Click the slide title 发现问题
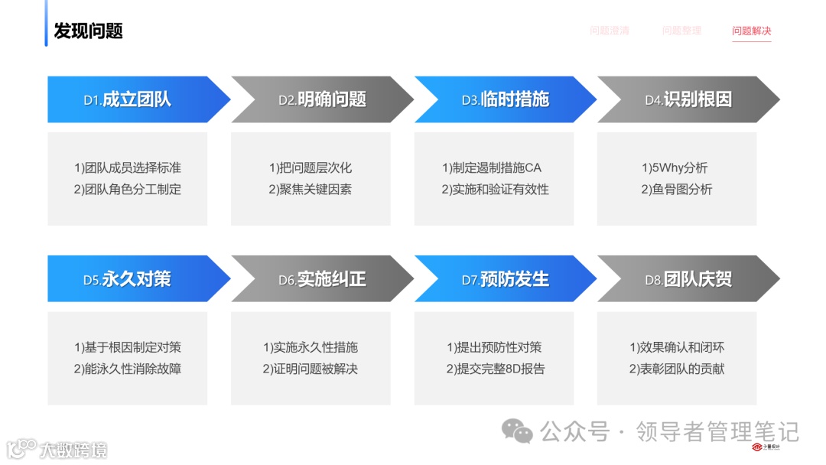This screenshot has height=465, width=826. click(x=88, y=31)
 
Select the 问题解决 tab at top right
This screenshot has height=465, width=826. click(x=751, y=31)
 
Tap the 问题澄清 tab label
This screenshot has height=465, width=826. click(x=610, y=31)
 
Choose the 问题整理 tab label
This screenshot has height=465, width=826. click(x=681, y=31)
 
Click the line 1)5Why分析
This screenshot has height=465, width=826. click(x=676, y=167)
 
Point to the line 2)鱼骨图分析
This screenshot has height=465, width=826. click(x=676, y=189)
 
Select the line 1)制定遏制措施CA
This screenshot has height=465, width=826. click(x=493, y=167)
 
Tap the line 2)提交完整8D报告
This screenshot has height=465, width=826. click(x=493, y=369)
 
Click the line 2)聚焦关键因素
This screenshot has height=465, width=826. click(x=310, y=189)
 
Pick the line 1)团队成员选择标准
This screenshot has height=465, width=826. click(x=127, y=167)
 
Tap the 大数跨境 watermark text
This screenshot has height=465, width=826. click(x=73, y=450)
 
